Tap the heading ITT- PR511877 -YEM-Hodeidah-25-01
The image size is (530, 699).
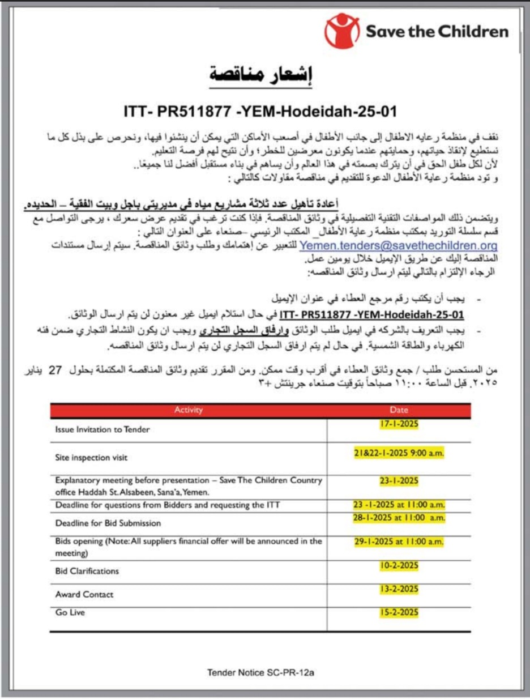point(260,110)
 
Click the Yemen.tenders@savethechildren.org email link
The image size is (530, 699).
point(398,246)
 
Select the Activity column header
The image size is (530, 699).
point(188,410)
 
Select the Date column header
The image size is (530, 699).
point(399,410)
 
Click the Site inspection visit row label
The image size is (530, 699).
point(91,457)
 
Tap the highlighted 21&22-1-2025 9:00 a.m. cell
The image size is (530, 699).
point(399,453)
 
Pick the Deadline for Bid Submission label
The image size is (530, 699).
point(108,523)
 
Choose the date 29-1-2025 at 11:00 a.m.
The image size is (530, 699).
point(399,542)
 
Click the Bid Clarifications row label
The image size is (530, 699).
point(87,571)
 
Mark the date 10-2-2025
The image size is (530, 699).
point(399,565)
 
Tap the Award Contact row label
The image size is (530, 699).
point(84,594)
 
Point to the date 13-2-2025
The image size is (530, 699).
point(399,589)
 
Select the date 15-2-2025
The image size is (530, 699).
point(399,612)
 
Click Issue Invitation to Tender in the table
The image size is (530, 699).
point(102,429)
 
